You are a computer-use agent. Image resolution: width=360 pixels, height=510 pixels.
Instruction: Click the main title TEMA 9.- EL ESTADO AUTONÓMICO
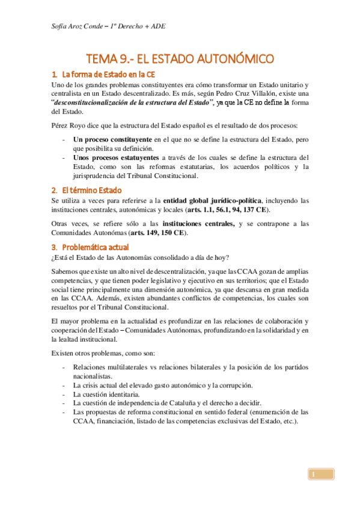pyautogui.click(x=180, y=59)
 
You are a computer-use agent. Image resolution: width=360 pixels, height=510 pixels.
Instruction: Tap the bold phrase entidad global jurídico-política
pyautogui.click(x=213, y=200)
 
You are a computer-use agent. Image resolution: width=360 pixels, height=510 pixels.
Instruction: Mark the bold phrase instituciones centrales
pyautogui.click(x=201, y=224)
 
